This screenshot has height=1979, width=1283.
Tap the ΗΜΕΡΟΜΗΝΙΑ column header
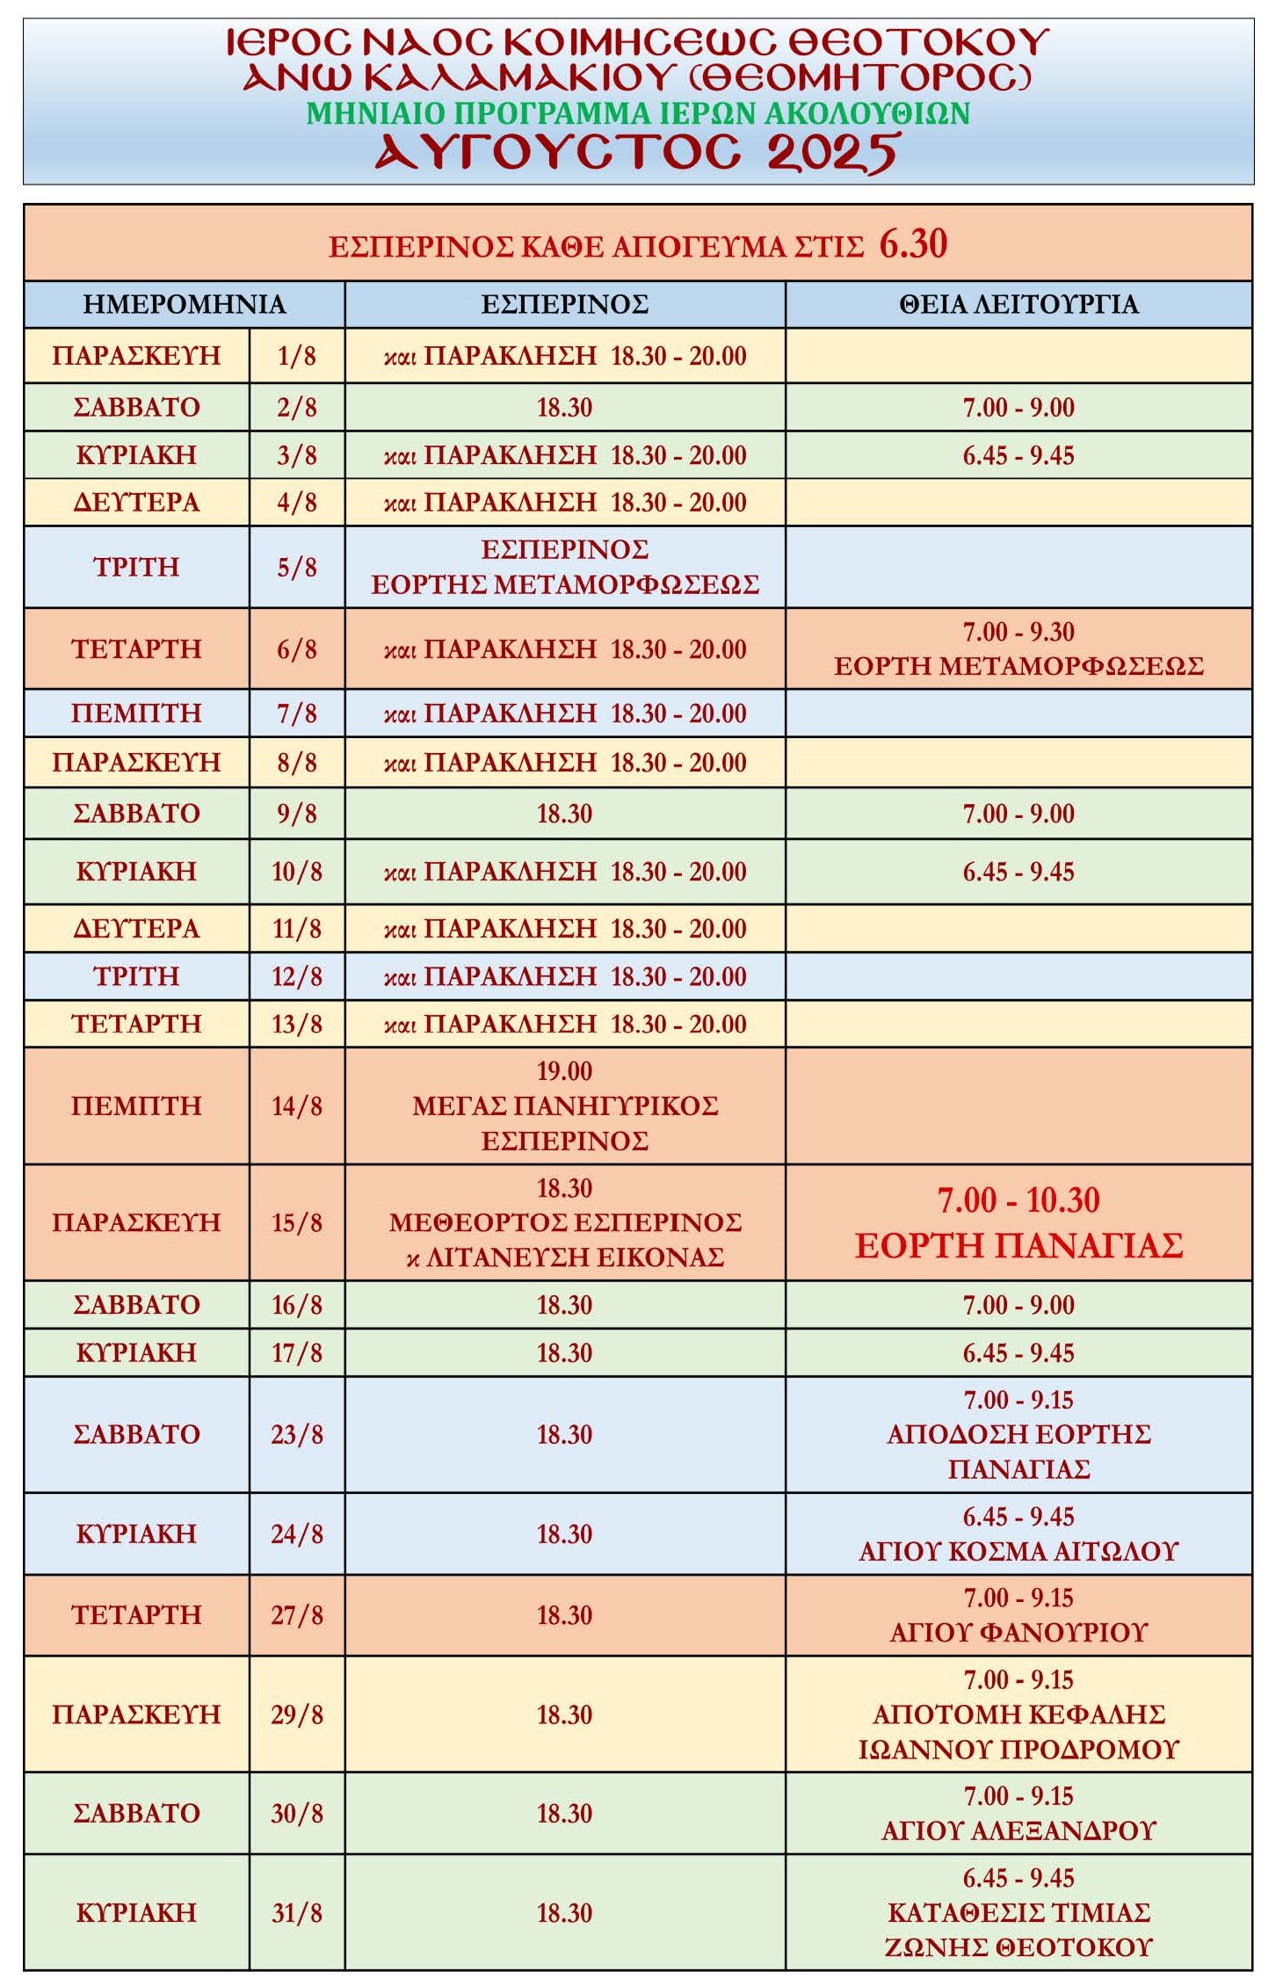click(x=184, y=304)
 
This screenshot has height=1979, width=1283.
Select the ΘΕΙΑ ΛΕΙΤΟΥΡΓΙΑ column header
click(x=1018, y=304)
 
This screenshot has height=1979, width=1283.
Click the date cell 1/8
click(x=296, y=356)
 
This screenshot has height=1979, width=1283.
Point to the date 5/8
click(x=296, y=567)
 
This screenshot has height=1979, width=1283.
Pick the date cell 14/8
click(x=296, y=1105)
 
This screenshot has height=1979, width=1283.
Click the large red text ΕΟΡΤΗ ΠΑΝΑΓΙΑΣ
click(x=1018, y=1245)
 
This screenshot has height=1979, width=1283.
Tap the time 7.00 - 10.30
click(x=1018, y=1200)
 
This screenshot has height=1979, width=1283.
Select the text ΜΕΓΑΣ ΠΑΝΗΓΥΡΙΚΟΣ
click(x=565, y=1105)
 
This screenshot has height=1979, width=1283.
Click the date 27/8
click(x=296, y=1614)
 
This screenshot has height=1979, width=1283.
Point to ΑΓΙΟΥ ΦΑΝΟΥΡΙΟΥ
click(x=1018, y=1632)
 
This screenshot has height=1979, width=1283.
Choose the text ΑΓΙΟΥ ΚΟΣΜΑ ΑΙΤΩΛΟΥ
click(x=1018, y=1551)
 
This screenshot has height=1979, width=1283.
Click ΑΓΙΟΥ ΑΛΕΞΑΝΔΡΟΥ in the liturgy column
click(x=1018, y=1830)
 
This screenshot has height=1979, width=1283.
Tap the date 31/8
click(x=296, y=1912)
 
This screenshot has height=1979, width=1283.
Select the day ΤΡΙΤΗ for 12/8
click(x=136, y=976)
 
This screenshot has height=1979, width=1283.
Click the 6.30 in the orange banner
click(x=913, y=243)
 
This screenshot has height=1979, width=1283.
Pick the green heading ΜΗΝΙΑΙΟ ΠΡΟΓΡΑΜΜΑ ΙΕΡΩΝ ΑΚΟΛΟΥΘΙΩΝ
click(x=638, y=113)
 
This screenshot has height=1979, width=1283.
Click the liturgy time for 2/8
click(x=1018, y=407)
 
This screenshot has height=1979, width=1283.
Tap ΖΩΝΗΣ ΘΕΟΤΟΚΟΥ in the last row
click(x=1018, y=1946)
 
